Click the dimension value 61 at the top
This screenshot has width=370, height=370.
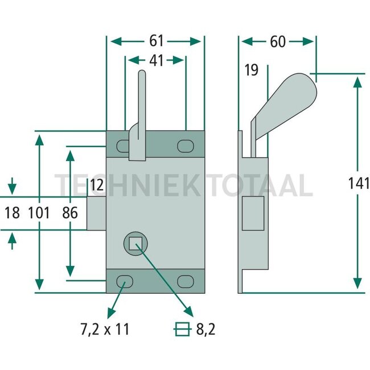coord(156,41)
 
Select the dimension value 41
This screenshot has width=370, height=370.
coord(156,60)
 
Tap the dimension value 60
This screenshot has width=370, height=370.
coord(278,42)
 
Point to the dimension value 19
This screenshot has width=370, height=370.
coord(251,70)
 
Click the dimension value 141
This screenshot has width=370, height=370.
coord(359,183)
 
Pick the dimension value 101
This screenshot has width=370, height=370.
coord(39,213)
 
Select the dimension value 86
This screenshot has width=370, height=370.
coord(70,213)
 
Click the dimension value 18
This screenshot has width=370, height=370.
coord(12,213)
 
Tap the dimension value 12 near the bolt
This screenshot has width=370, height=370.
coord(97,185)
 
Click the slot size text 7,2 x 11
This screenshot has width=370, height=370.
coord(105,329)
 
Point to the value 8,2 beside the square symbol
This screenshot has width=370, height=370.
coord(205,329)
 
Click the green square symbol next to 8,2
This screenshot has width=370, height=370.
coord(182,329)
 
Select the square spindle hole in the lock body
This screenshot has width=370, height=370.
coord(135,243)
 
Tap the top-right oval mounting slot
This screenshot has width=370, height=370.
coord(186,146)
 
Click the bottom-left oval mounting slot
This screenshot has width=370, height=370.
coord(125,281)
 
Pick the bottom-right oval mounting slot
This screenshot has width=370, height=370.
coord(186,281)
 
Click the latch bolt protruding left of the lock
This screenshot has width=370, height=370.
coord(97,213)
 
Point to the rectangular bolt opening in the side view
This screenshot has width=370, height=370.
coord(253,213)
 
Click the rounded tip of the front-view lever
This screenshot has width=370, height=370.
coord(142,73)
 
